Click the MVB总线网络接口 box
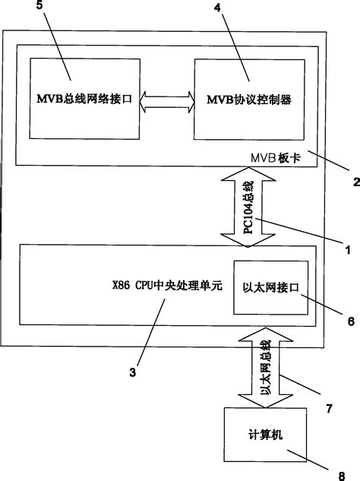(83, 99)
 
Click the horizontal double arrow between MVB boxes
(167, 100)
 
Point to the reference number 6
(350, 321)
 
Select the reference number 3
(132, 372)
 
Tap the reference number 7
(330, 409)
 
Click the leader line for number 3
(148, 334)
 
